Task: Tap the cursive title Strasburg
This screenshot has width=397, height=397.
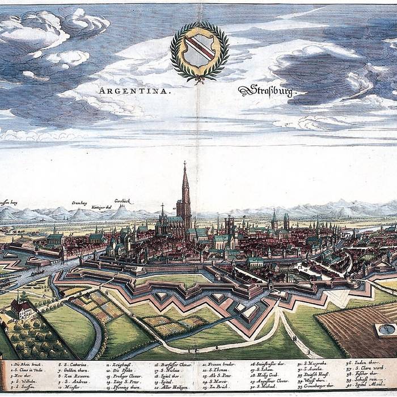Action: point(266,90)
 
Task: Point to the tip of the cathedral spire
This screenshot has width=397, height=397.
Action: point(184,163)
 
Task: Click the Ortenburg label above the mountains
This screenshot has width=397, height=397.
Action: point(79,202)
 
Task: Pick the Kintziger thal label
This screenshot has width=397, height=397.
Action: point(103,208)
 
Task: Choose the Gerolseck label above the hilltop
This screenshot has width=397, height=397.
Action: point(124,201)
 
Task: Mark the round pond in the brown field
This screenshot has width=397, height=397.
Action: point(387,329)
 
